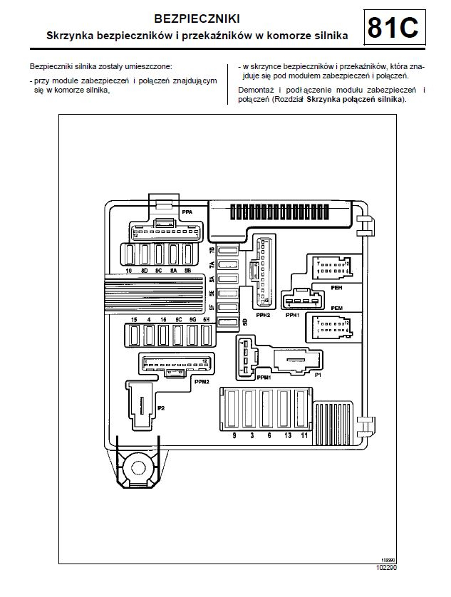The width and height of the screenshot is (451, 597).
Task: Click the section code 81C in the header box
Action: pyautogui.click(x=393, y=28)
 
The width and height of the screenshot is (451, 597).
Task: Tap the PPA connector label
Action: pyautogui.click(x=187, y=212)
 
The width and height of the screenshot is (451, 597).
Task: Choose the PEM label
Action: pyautogui.click(x=336, y=307)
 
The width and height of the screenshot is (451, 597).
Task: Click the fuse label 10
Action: pyautogui.click(x=128, y=271)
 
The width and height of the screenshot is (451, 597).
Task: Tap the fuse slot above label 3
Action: pyautogui.click(x=251, y=410)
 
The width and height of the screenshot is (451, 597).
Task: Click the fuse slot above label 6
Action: pyautogui.click(x=268, y=410)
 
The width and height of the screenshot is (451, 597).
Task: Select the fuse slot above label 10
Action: pyautogui.click(x=130, y=254)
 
